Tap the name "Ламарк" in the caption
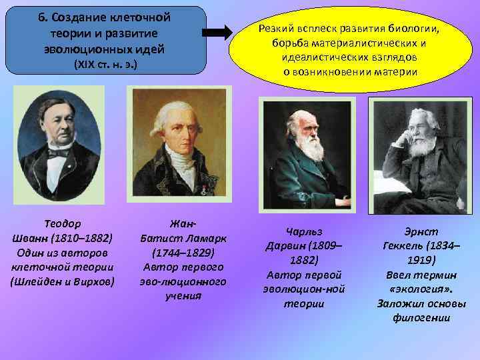click(x=201, y=238)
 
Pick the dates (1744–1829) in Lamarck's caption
click(x=183, y=253)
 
